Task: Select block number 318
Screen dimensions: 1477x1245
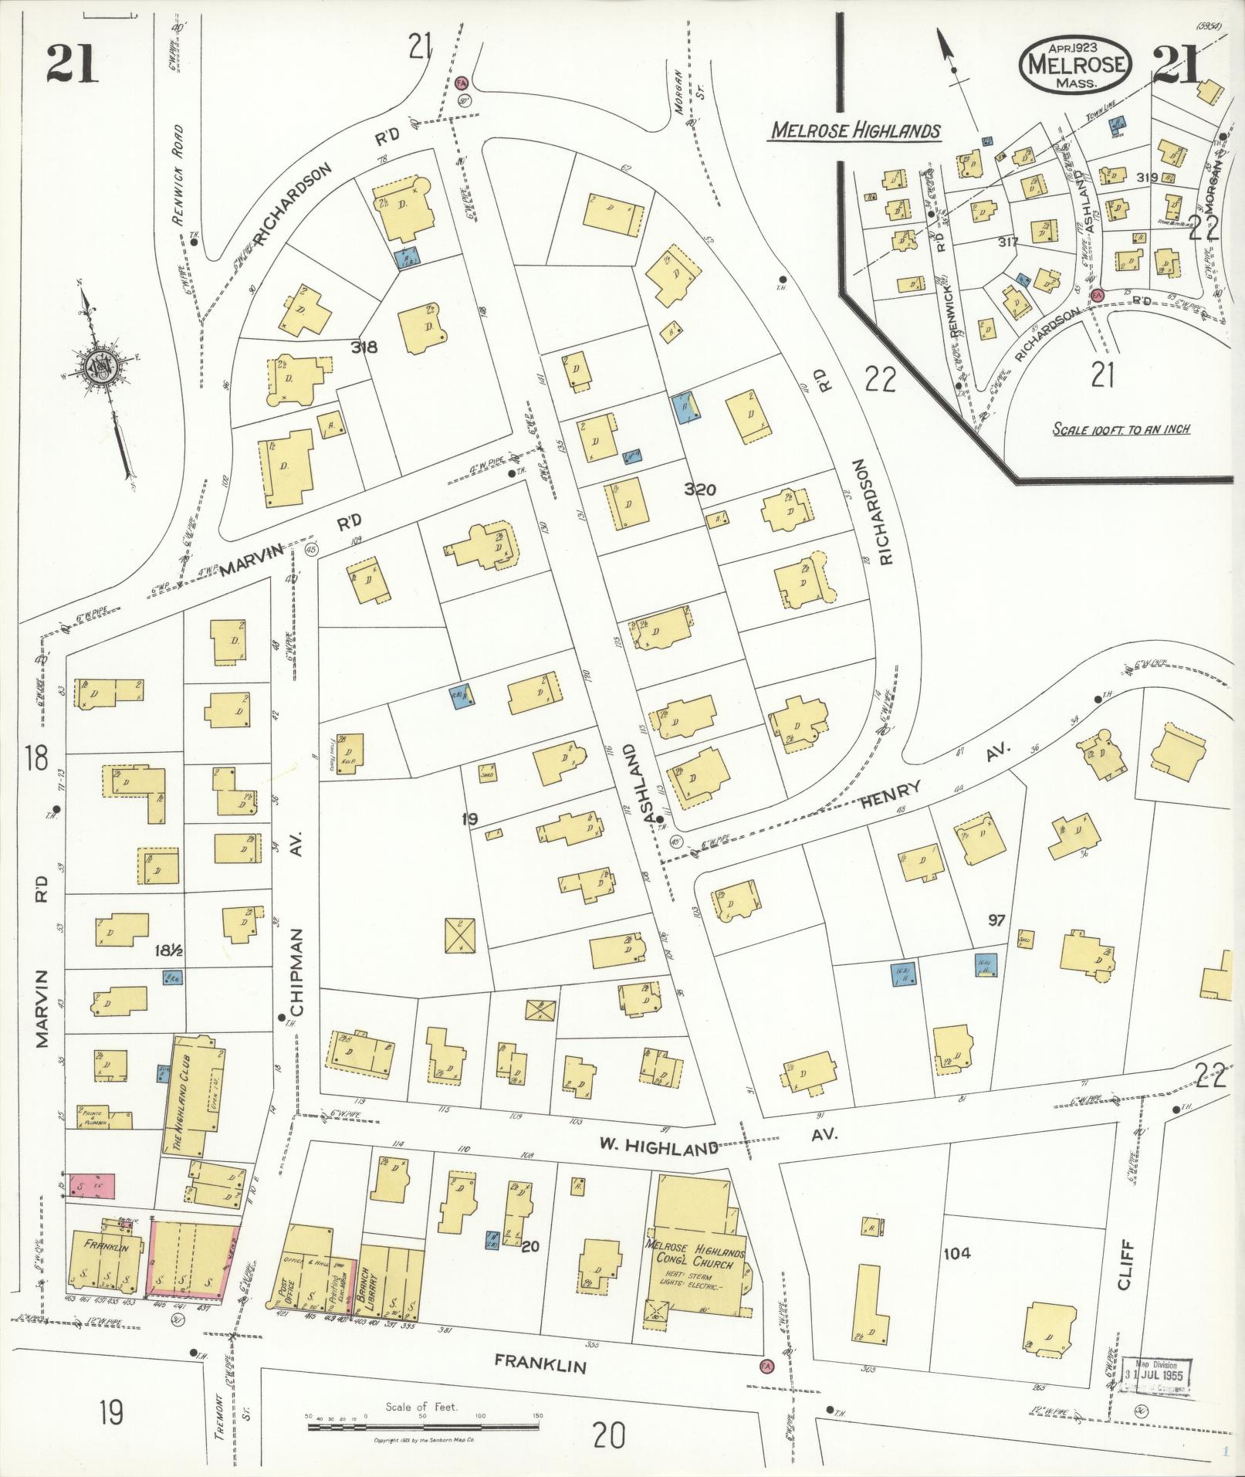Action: pyautogui.click(x=364, y=347)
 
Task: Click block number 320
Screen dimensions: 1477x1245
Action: pyautogui.click(x=700, y=490)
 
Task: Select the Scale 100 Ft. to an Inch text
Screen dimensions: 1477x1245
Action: pyautogui.click(x=1121, y=429)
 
